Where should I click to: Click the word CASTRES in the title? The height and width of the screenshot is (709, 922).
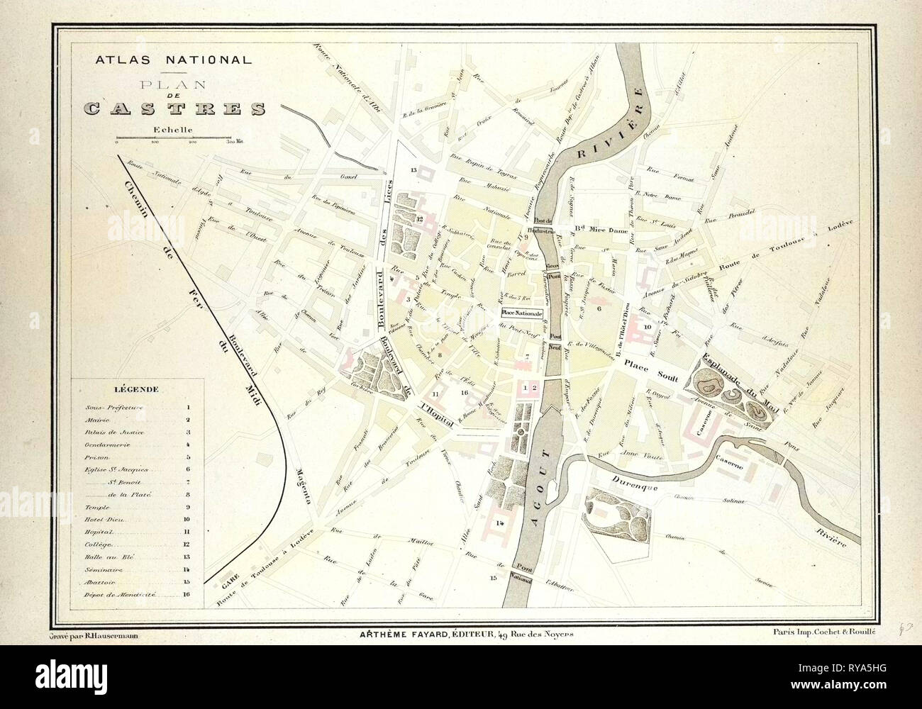(174, 108)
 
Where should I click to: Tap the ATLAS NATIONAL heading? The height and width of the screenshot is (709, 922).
(173, 60)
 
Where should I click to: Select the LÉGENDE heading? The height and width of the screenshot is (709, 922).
(137, 389)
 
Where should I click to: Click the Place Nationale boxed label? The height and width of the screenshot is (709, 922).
(522, 313)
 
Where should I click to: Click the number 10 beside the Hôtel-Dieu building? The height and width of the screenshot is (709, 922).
(647, 327)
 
